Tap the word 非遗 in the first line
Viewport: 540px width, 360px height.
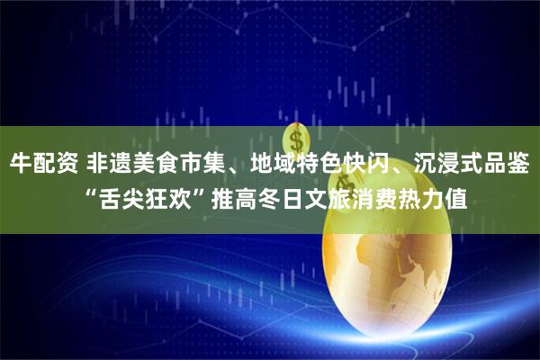108,165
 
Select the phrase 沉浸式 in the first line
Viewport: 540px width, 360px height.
440,165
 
